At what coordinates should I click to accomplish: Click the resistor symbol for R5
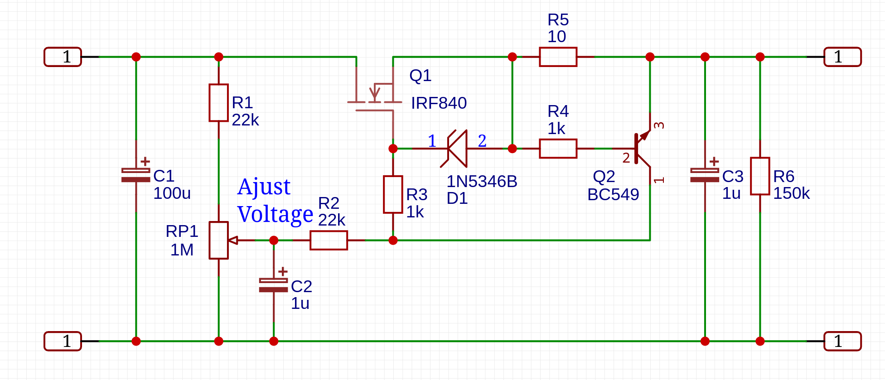click(558, 57)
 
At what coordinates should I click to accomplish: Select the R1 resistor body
click(218, 103)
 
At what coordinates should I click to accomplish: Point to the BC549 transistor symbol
click(642, 149)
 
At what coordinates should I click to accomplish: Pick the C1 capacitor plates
click(136, 175)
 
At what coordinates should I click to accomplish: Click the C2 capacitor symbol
click(273, 285)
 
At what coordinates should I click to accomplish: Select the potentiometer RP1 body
click(218, 240)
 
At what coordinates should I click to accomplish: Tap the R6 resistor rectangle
click(760, 176)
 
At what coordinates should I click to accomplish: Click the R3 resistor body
click(393, 194)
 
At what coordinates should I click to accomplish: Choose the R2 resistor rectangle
click(329, 240)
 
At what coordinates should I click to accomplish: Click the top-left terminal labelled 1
click(63, 57)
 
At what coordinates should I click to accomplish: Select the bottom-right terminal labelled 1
click(842, 341)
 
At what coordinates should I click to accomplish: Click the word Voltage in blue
click(275, 214)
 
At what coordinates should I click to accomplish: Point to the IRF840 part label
click(439, 103)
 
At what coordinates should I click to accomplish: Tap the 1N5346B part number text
click(482, 182)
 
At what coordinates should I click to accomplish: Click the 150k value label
click(791, 193)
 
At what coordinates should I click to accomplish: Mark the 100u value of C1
click(172, 193)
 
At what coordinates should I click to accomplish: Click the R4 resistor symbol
click(558, 149)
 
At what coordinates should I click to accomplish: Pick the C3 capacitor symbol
click(705, 175)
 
